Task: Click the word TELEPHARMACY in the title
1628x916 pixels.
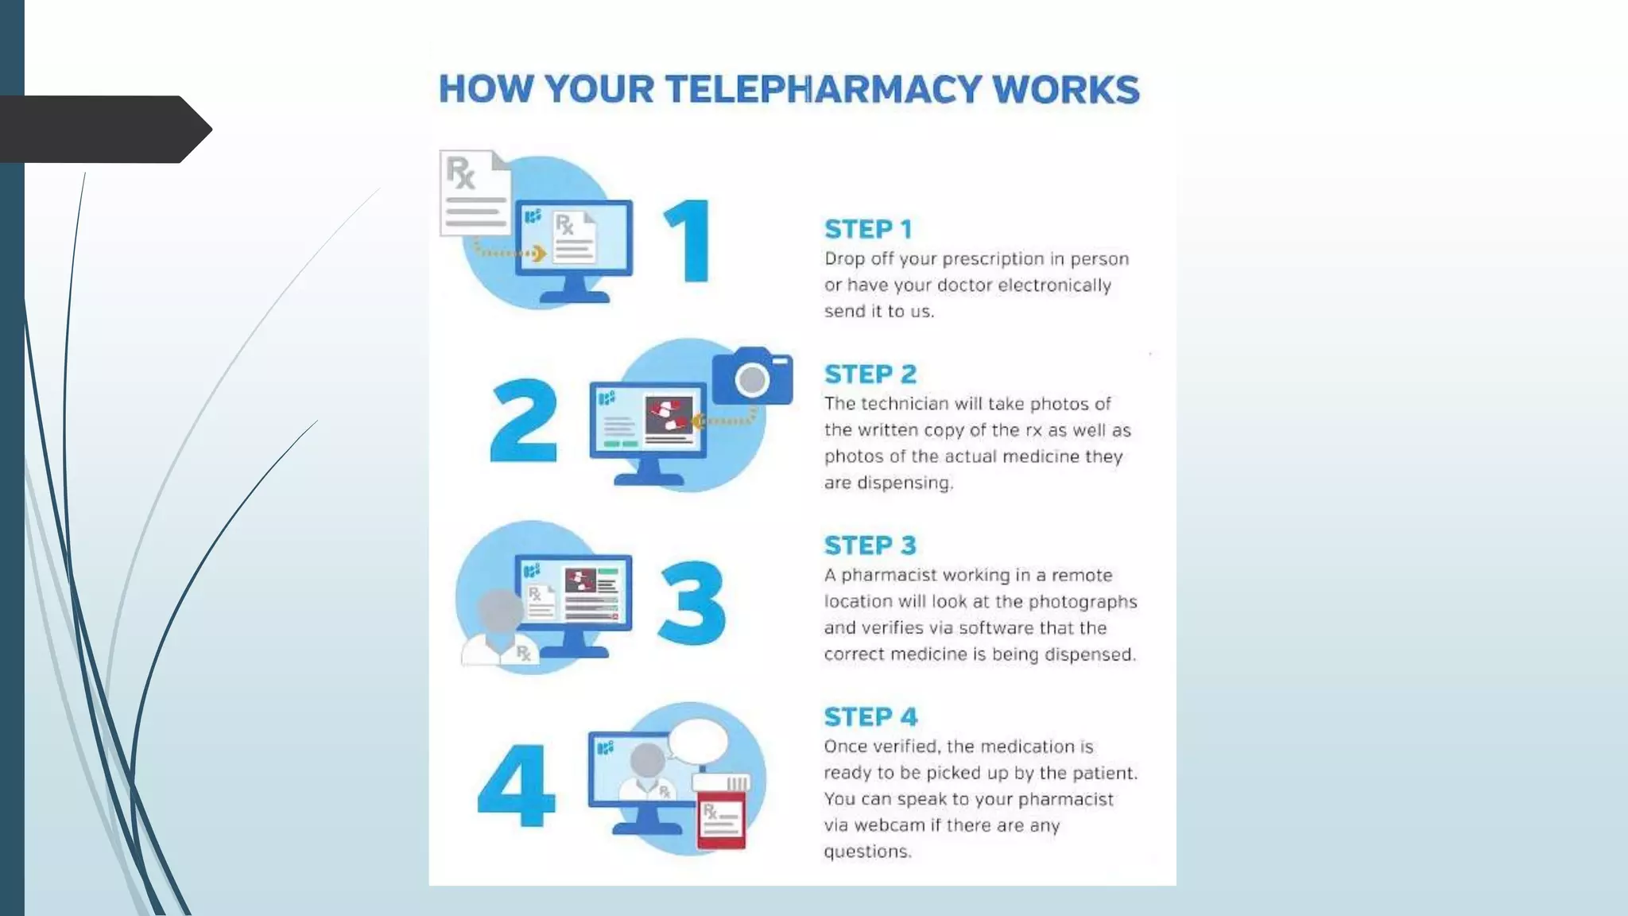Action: [824, 89]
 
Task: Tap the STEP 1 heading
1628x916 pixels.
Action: [868, 229]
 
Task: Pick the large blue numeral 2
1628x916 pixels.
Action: [524, 421]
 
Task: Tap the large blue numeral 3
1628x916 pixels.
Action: [692, 602]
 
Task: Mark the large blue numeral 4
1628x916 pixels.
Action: [517, 786]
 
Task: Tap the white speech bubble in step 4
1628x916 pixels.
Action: [698, 742]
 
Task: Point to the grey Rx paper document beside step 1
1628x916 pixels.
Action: [474, 193]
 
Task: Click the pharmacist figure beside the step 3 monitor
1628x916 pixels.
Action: [499, 628]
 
